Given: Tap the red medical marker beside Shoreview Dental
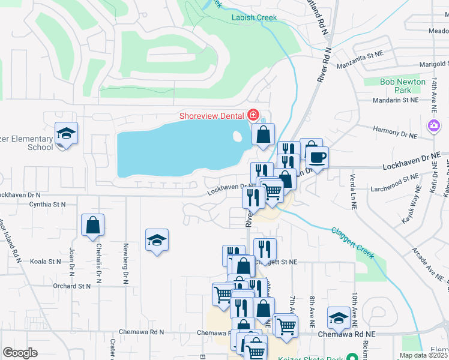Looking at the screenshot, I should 253,115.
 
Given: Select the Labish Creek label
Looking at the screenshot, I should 254,17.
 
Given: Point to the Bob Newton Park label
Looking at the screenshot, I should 403,85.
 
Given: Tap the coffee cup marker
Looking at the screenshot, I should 317,158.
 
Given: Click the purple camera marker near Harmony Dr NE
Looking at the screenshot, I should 432,125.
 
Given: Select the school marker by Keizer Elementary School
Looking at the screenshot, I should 66,134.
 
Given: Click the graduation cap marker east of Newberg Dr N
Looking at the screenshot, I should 157,241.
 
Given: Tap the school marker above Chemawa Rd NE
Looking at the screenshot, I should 339,317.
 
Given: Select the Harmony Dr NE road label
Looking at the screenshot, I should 395,129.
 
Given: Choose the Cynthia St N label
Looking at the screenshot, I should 47,205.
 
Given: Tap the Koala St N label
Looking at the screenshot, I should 46,262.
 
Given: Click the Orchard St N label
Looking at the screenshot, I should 71,286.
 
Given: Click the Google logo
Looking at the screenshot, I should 20,353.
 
